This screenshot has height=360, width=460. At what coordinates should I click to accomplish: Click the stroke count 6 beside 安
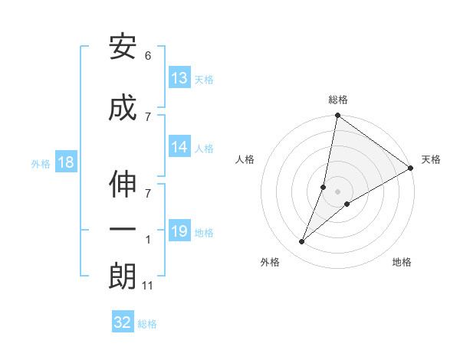click(147, 57)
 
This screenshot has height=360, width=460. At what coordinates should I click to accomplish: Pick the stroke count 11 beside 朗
click(147, 286)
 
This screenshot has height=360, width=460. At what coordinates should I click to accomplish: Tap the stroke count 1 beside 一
click(147, 241)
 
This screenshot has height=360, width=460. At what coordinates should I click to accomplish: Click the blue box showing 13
click(179, 78)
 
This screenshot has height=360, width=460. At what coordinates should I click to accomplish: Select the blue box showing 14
click(179, 147)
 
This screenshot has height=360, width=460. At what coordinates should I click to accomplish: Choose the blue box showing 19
click(179, 231)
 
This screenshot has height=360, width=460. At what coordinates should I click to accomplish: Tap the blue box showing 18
click(65, 162)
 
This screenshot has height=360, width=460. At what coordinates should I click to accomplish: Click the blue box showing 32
click(123, 322)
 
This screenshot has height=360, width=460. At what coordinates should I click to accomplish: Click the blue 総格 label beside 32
click(147, 324)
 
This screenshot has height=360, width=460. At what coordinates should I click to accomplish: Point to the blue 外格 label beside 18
click(41, 163)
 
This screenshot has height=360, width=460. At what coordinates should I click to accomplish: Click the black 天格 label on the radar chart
click(431, 159)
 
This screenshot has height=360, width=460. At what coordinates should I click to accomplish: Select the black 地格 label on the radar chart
click(402, 262)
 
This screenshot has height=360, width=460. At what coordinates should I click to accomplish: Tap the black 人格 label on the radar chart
click(245, 159)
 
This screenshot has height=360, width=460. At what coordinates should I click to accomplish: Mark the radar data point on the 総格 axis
click(337, 116)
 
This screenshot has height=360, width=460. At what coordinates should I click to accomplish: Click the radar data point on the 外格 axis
click(302, 242)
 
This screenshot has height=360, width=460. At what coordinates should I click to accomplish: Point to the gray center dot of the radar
click(337, 191)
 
